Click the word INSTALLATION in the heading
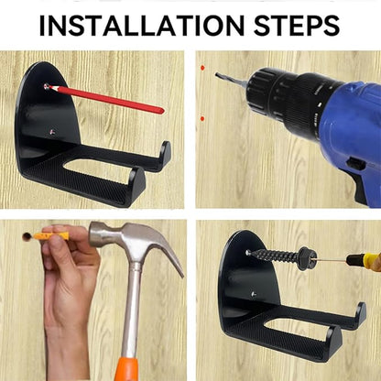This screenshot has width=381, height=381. (x=142, y=25)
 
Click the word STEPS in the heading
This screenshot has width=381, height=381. (x=297, y=25)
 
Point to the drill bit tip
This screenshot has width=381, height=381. (x=217, y=74)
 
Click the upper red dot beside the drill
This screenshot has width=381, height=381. (x=202, y=68)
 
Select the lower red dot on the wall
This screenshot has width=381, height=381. (x=201, y=118)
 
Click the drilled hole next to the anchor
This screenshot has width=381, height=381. (x=27, y=236)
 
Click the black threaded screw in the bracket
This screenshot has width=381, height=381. (x=281, y=256)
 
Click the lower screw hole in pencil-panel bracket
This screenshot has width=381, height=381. (x=52, y=132)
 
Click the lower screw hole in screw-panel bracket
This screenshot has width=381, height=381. (x=254, y=294)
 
